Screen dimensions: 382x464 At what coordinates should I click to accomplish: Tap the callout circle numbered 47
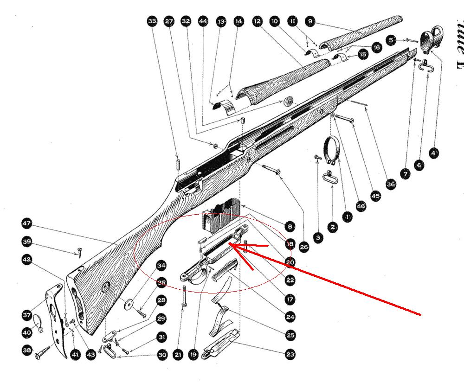27,223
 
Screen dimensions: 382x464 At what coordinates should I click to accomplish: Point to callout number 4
433,153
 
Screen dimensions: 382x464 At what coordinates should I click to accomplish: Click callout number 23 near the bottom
290,355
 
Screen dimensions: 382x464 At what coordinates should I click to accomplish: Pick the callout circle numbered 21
178,355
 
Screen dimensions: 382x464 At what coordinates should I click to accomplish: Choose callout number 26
304,247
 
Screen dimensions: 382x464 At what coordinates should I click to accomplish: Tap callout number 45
375,196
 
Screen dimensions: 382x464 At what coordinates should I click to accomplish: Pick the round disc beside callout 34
128,304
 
